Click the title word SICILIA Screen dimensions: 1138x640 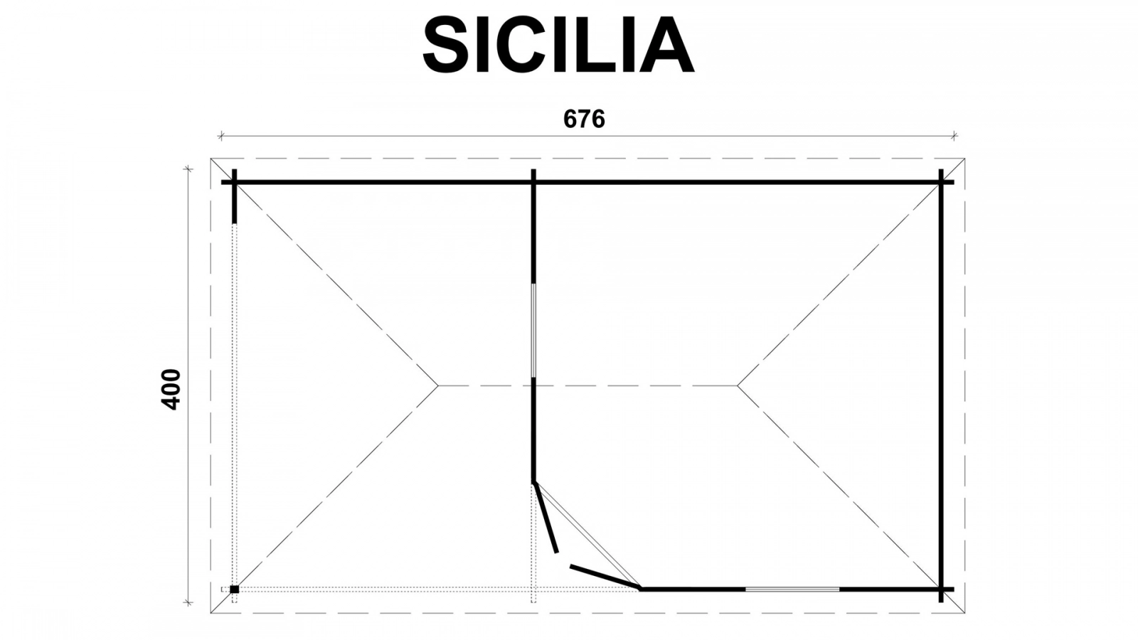[x=558, y=45]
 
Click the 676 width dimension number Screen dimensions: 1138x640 [x=584, y=119]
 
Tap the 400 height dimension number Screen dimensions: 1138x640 [x=171, y=390]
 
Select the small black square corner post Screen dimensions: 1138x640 [x=234, y=590]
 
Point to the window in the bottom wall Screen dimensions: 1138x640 [x=792, y=590]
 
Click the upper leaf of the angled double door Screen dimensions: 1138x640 [x=546, y=517]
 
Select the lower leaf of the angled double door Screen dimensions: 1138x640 [x=605, y=577]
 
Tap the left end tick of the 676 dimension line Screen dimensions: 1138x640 [x=221, y=136]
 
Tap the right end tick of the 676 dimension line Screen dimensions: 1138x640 [x=954, y=136]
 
